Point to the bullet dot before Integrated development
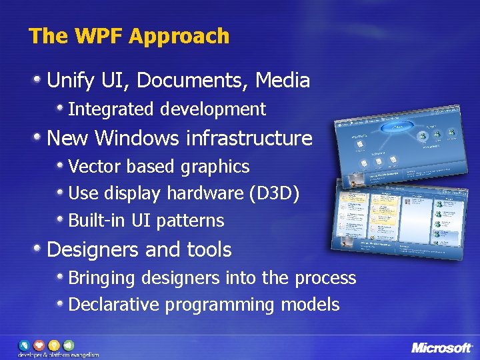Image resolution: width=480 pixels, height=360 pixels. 61,107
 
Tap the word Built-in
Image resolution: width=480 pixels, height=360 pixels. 93,220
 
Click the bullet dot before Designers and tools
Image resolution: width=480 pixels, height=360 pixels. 39,248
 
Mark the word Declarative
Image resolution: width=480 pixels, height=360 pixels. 114,305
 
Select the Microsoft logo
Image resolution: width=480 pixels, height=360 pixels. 441,347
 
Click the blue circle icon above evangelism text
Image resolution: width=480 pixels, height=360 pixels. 24,345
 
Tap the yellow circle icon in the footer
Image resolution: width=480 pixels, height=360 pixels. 54,345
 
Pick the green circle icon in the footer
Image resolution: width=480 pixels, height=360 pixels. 69,345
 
